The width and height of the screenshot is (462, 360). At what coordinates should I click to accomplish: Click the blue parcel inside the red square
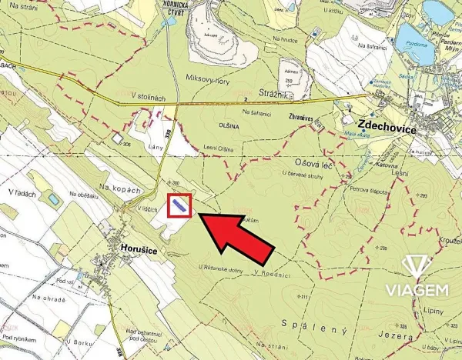(x=179, y=205)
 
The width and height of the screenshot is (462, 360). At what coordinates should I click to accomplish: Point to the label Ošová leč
(x=314, y=162)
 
